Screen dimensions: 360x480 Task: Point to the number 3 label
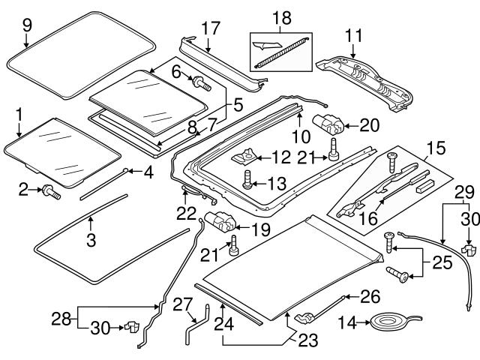coord(91,241)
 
